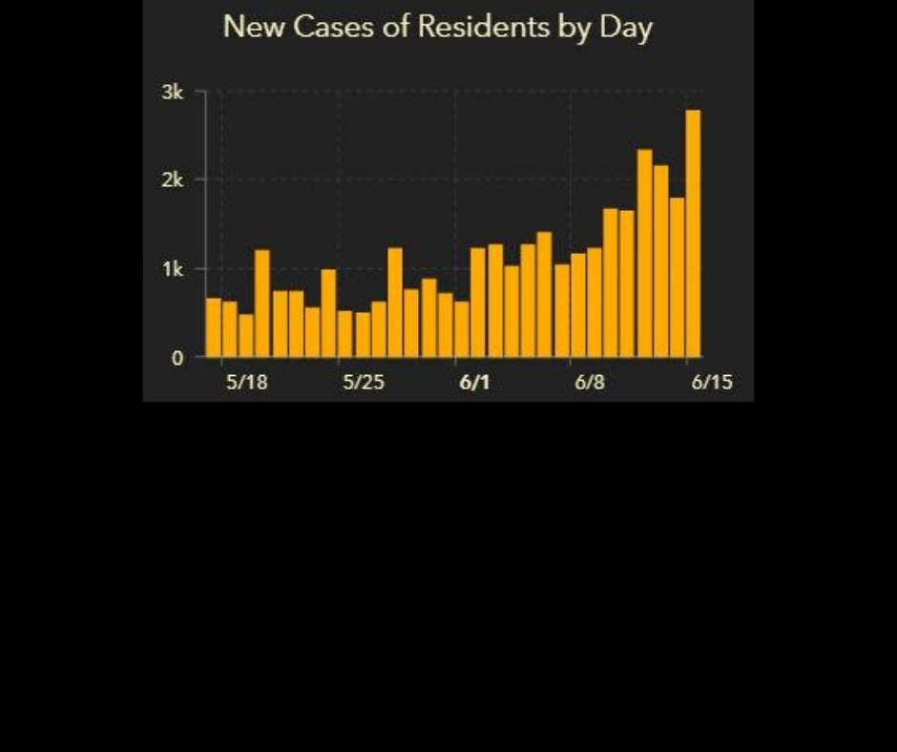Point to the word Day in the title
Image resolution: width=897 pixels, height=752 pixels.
626,29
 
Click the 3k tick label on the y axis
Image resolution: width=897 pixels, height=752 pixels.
173,93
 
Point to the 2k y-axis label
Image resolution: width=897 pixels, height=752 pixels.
173,179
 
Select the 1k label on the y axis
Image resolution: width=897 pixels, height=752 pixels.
173,269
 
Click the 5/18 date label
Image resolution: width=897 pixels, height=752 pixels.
245,383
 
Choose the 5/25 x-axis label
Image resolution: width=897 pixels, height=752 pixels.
363,383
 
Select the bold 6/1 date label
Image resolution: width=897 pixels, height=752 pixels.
474,383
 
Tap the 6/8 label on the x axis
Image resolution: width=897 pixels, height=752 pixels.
590,383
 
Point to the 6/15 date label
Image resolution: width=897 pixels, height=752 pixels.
711,383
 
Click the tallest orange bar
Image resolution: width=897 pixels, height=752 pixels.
693,234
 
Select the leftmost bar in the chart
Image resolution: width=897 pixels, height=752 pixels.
214,327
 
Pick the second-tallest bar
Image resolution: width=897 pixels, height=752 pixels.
645,253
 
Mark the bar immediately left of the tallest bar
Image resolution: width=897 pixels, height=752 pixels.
678,277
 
